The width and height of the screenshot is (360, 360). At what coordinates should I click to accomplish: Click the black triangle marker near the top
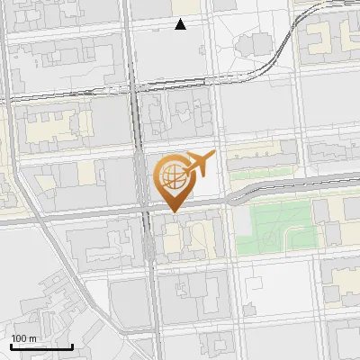(181, 24)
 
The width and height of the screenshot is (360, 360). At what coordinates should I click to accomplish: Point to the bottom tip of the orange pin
(173, 211)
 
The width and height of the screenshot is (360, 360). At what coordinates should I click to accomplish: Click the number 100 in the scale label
(19, 337)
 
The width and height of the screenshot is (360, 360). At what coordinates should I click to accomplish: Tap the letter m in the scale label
(31, 337)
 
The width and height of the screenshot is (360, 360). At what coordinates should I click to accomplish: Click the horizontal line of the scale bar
(41, 346)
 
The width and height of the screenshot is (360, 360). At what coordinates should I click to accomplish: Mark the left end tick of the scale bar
(11, 345)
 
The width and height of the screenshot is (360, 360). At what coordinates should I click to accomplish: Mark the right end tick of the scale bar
(72, 345)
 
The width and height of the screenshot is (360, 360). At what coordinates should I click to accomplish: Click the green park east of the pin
(270, 225)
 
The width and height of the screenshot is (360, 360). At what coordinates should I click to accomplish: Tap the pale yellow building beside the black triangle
(193, 6)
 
